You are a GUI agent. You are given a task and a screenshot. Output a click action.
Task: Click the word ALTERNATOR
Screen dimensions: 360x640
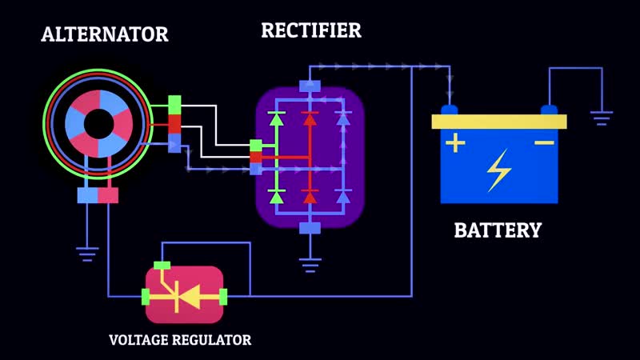[105, 34]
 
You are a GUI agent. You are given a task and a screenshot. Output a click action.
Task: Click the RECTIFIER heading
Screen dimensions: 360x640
[310, 30]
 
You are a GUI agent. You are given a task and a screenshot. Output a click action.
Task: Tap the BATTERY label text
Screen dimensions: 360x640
[498, 230]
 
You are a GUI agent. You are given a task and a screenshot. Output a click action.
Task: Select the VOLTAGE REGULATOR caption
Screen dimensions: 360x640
[180, 340]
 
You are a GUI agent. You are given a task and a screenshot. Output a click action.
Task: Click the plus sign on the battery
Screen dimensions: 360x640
[454, 143]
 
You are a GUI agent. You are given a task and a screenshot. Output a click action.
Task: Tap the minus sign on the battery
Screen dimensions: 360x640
[544, 143]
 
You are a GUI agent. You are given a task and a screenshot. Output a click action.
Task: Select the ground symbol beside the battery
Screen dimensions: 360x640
[602, 118]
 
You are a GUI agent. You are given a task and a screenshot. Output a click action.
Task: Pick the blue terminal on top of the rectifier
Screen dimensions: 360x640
[310, 86]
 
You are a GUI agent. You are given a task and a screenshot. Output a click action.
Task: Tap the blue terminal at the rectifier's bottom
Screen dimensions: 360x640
[310, 228]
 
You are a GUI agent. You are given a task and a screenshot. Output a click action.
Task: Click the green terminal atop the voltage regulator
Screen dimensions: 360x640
[162, 265]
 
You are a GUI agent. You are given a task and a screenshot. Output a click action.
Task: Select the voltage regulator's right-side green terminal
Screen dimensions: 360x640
[223, 298]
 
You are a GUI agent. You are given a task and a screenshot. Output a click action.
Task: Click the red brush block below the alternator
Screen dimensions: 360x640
[108, 195]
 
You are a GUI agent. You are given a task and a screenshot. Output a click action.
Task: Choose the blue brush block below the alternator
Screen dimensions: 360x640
[87, 195]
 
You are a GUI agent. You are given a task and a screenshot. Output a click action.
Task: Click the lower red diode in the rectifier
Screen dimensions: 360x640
[310, 196]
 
